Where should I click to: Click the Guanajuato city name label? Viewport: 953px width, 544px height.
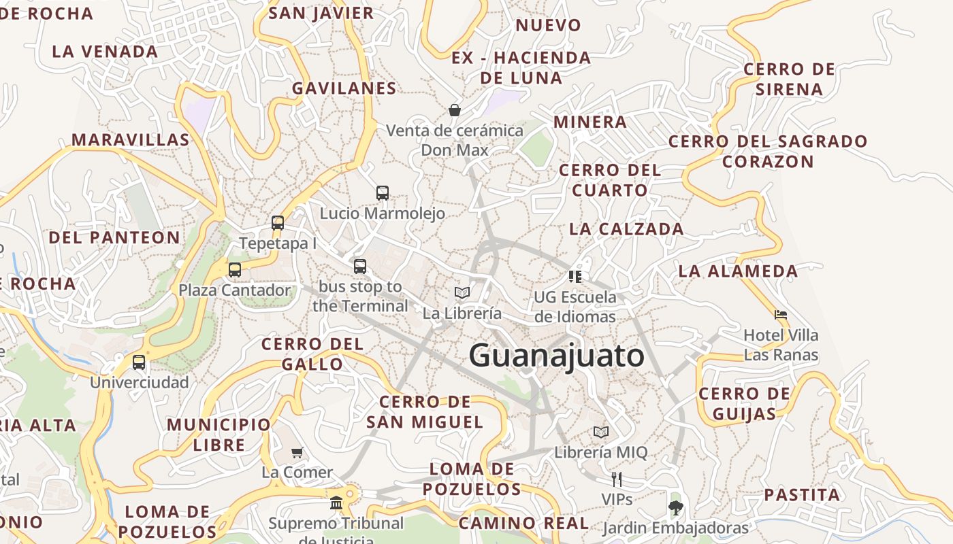pos(557,356)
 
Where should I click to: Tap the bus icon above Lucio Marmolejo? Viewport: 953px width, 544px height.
pos(383,193)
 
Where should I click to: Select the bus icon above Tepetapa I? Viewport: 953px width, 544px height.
pos(277,223)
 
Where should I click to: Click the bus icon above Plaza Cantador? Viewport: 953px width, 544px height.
pos(235,270)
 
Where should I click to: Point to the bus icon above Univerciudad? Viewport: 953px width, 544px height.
pos(139,362)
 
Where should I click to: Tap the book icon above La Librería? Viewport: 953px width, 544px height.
pos(462,292)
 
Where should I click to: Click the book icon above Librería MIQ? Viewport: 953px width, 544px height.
pos(601,432)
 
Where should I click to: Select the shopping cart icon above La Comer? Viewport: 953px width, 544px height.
pos(297,452)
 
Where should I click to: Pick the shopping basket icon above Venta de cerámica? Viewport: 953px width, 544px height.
pos(454,110)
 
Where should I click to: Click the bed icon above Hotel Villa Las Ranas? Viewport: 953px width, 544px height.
pos(781,315)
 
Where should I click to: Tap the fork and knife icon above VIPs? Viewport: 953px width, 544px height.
pos(617,479)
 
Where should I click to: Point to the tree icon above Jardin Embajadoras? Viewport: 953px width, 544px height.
pos(675,507)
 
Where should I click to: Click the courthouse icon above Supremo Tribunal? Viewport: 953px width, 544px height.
pos(336,503)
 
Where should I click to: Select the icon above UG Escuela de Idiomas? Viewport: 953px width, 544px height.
pos(575,277)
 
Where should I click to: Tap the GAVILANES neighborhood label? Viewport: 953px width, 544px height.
pos(344,88)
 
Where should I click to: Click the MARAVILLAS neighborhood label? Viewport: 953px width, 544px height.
pos(131,140)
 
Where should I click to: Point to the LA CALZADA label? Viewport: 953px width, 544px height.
pos(626,229)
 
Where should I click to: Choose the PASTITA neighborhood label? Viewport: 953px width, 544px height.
pos(802,495)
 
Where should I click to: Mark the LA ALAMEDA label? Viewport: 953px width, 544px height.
pos(738,271)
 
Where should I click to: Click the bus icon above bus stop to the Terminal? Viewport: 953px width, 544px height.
pos(360,267)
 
